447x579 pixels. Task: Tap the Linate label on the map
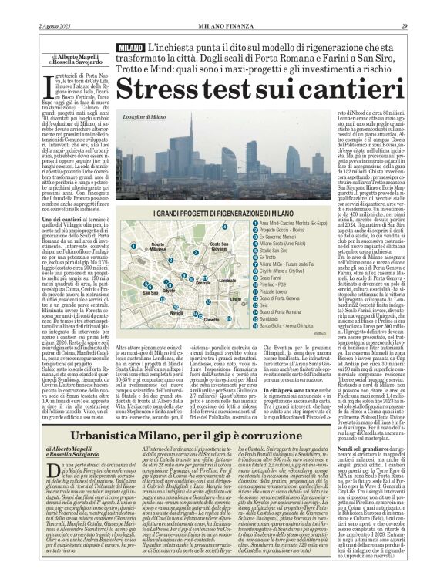[x=226, y=281]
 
